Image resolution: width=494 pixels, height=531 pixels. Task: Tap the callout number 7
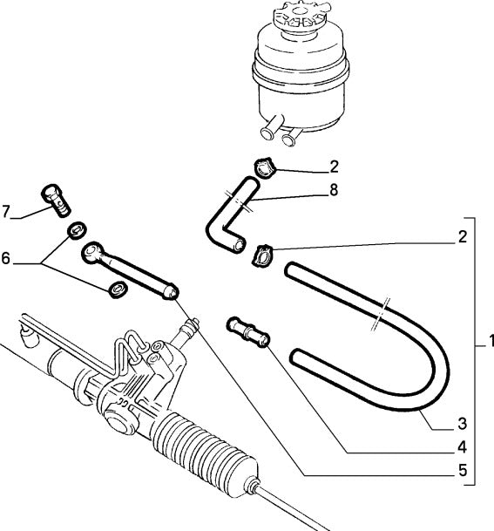8,210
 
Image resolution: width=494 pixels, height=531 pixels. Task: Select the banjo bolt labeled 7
54,201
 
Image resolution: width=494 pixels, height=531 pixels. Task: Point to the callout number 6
8,260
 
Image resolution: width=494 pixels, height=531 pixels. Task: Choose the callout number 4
462,448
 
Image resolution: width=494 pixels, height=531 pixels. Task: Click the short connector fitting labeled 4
247,330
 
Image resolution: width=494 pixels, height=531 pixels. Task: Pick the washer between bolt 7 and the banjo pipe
77,230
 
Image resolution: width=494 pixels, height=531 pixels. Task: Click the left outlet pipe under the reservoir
267,131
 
